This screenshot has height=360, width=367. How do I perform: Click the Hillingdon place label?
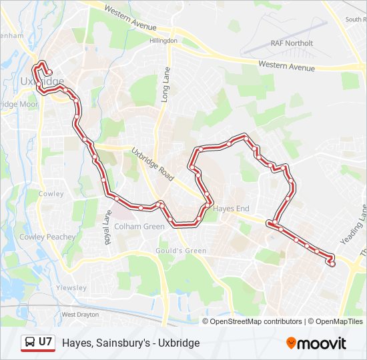[163, 41]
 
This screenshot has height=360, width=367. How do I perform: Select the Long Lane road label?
[165, 85]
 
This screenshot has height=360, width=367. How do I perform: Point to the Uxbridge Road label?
[152, 164]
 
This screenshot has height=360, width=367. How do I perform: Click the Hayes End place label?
[231, 209]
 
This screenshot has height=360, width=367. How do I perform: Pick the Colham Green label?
[139, 227]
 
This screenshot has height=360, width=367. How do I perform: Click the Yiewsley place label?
[71, 288]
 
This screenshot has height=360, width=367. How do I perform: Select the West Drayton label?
[80, 314]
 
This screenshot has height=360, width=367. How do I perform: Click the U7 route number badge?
[45, 342]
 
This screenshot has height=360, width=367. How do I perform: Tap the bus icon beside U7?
[30, 343]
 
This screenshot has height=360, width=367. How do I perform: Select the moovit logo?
[316, 343]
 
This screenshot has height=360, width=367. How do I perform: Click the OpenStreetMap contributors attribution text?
[256, 321]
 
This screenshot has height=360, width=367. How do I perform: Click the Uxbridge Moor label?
[19, 105]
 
